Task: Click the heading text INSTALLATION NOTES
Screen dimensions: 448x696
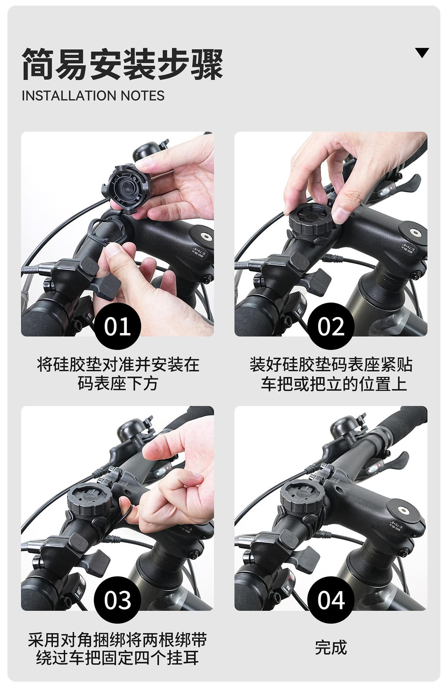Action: coord(93,96)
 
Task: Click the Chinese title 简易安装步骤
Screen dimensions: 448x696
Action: coord(122,64)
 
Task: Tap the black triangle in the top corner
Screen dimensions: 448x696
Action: coord(422,53)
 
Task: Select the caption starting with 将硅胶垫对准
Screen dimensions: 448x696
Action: coord(118,374)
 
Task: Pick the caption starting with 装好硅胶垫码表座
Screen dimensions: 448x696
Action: coord(331,374)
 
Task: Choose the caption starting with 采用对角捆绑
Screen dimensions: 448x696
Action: coord(117,648)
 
